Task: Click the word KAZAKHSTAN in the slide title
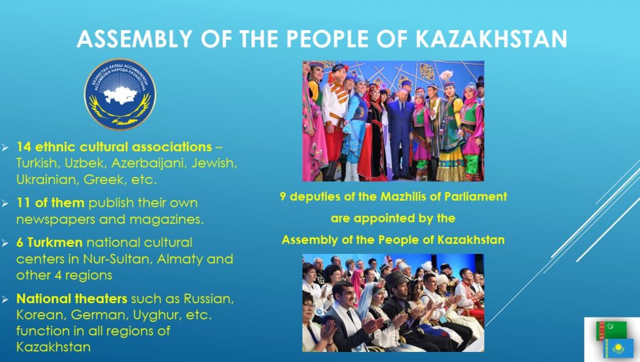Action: (x=491, y=39)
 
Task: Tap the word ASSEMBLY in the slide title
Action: (x=134, y=39)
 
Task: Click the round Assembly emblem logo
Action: (x=120, y=94)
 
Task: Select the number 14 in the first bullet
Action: (x=24, y=146)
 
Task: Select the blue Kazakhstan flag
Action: (x=618, y=348)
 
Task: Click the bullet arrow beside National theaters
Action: (x=5, y=299)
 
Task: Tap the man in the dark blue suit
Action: (x=401, y=131)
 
